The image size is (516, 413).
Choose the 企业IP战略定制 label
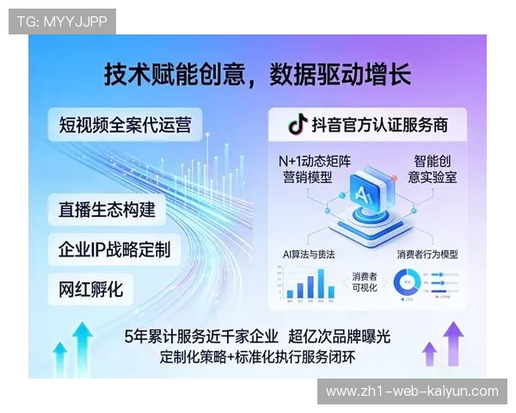(x=114, y=250)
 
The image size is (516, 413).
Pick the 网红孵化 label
(x=91, y=288)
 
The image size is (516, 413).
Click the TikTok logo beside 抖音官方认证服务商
(x=297, y=125)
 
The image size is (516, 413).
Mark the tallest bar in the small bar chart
(x=321, y=283)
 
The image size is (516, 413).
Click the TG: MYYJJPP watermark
(x=62, y=22)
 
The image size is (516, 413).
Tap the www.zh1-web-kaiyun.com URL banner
(x=412, y=391)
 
